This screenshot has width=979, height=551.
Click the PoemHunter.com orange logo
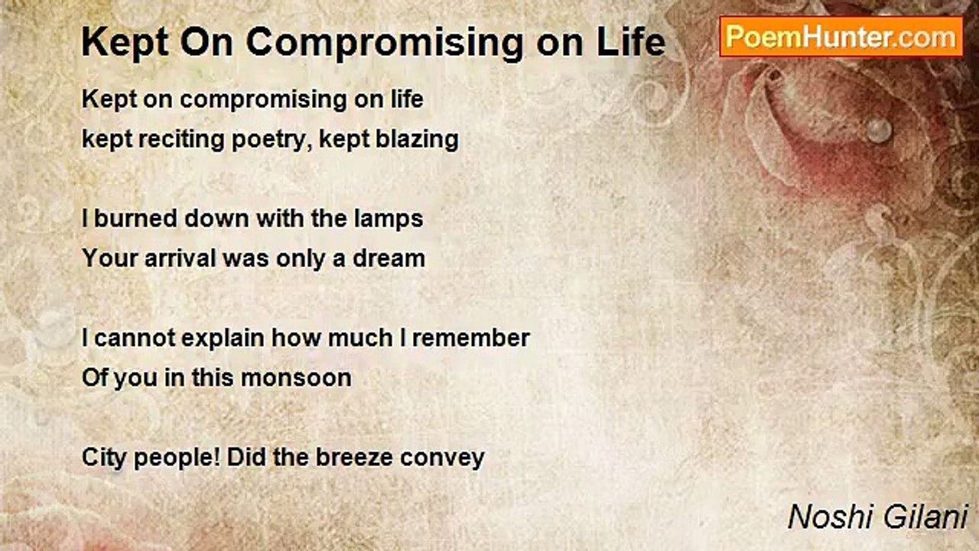(x=841, y=37)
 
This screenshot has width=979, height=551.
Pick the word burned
(x=136, y=218)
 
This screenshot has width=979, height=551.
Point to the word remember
(x=470, y=338)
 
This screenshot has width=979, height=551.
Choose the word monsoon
(x=296, y=379)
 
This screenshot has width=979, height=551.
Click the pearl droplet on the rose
(x=879, y=130)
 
